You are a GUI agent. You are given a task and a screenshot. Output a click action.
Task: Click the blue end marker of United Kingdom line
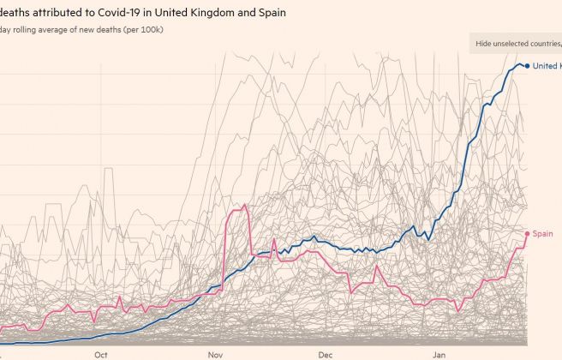pos(527,66)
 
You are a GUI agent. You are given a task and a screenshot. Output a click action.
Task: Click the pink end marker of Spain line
pos(527,233)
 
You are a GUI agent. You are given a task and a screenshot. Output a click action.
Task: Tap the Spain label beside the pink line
pos(542,233)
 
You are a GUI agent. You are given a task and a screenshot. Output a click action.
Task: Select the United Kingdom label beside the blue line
pos(547,66)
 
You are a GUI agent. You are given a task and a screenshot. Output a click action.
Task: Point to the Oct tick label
pos(101,353)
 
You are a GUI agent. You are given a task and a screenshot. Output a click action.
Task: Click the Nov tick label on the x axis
pos(215,353)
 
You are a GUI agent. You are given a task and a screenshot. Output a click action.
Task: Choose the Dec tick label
pos(325,353)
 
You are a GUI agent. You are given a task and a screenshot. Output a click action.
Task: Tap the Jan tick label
pos(439,353)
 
